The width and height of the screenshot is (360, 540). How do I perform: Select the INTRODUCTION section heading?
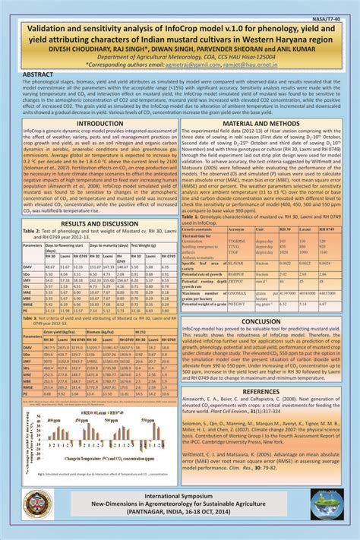[90, 122]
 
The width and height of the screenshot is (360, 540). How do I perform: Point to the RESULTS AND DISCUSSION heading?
[90, 224]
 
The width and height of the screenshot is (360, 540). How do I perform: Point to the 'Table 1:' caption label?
[194, 216]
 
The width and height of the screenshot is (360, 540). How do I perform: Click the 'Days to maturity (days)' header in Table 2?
[103, 246]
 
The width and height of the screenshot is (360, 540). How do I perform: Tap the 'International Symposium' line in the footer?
[180, 493]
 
